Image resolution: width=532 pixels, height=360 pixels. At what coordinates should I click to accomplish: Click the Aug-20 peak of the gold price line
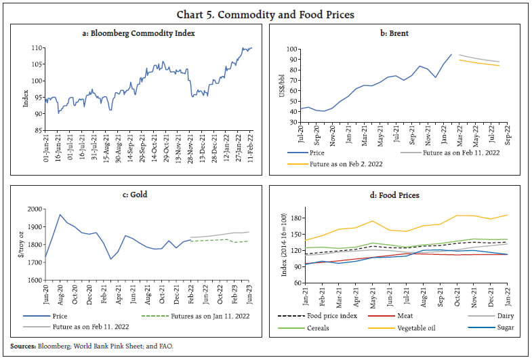[60, 215]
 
